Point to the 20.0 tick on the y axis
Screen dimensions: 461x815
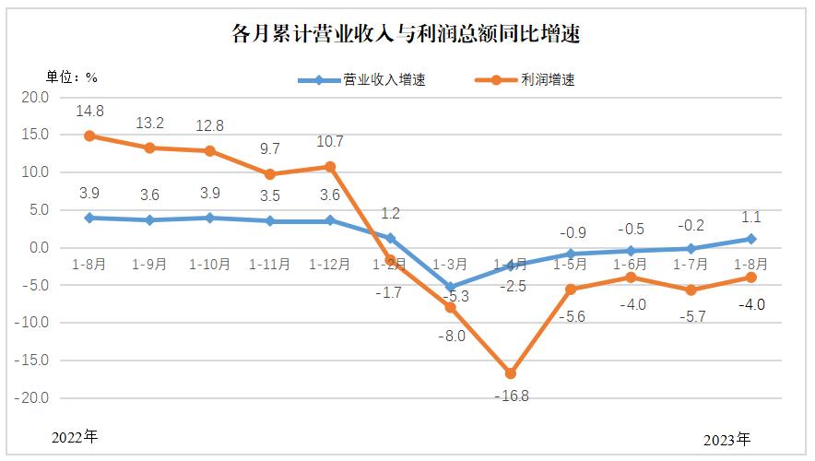[x=35, y=97]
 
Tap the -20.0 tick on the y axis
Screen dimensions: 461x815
[x=33, y=398]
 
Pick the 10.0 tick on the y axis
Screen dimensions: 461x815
[x=35, y=172]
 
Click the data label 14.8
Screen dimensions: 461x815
[x=89, y=112]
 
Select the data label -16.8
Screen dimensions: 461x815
[x=513, y=396]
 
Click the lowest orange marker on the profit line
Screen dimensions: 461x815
[x=511, y=373]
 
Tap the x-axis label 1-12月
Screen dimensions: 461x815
[x=330, y=264]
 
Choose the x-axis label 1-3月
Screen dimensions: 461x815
[x=451, y=264]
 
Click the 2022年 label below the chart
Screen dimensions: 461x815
[x=74, y=437]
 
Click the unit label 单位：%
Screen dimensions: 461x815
[x=72, y=77]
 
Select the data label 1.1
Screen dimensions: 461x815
[x=751, y=217]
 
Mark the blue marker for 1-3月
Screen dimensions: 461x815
[x=451, y=287]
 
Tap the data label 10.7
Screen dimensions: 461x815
[x=330, y=142]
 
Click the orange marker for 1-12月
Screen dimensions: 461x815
[x=330, y=167]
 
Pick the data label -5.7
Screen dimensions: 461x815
[x=691, y=314]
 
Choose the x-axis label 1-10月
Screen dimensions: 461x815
[x=209, y=264]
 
